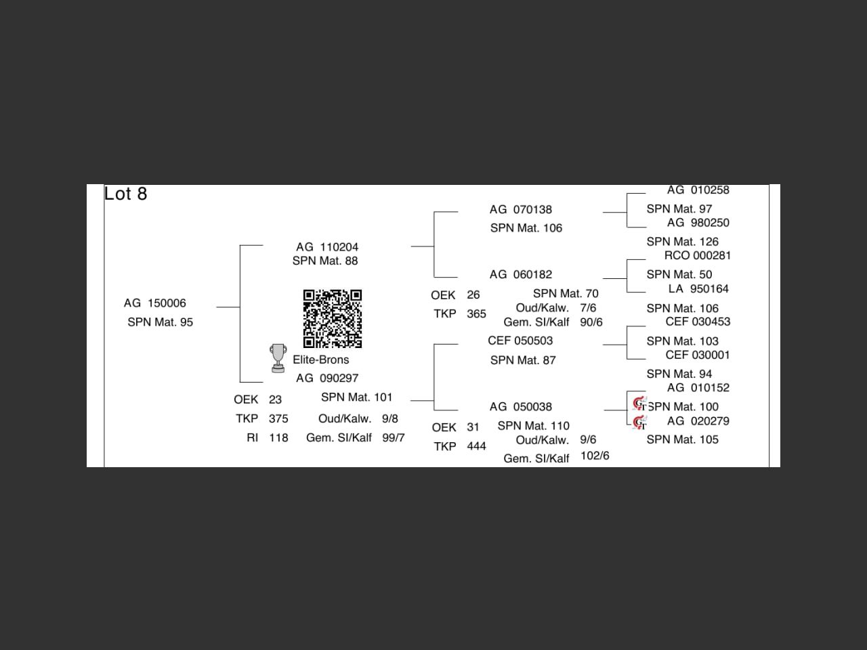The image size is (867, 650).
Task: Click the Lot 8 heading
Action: [126, 194]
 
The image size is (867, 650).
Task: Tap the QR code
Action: [332, 318]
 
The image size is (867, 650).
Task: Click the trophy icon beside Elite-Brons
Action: [278, 358]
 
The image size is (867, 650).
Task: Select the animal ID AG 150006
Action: [154, 303]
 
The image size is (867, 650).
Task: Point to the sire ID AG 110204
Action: [327, 247]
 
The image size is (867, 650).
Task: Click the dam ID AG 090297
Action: [327, 378]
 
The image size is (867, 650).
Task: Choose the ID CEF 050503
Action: [520, 341]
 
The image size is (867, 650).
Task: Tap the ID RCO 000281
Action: [697, 255]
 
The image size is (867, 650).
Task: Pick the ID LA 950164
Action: [698, 289]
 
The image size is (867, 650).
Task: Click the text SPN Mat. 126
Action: [682, 242]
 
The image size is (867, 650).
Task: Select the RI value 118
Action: [278, 438]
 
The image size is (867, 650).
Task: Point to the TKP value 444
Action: [476, 447]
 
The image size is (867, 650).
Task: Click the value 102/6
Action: [595, 456]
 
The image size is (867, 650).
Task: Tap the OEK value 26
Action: [473, 295]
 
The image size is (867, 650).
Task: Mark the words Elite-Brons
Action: [321, 360]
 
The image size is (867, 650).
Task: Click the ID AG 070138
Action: [521, 210]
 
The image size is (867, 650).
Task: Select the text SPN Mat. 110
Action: [534, 426]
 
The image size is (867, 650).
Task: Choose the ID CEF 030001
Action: [698, 355]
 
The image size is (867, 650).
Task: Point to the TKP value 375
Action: [278, 419]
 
